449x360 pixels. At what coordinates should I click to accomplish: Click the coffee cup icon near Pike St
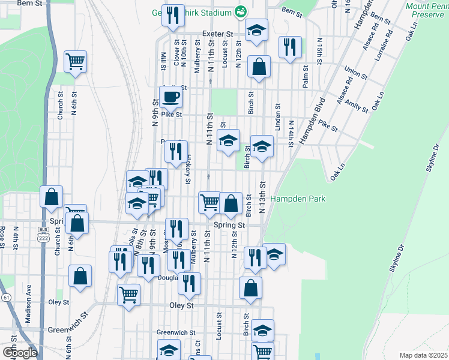[x=170, y=97]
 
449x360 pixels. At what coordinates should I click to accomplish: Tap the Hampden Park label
[x=298, y=198]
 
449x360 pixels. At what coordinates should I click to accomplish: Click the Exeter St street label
[x=217, y=35]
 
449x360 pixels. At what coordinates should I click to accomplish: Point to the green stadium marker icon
[x=241, y=12]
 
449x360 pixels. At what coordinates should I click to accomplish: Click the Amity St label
[x=357, y=107]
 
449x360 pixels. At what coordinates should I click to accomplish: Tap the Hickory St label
[x=188, y=166]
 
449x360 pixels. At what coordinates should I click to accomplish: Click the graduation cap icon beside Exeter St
[x=256, y=32]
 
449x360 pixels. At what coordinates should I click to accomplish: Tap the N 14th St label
[x=290, y=133]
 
